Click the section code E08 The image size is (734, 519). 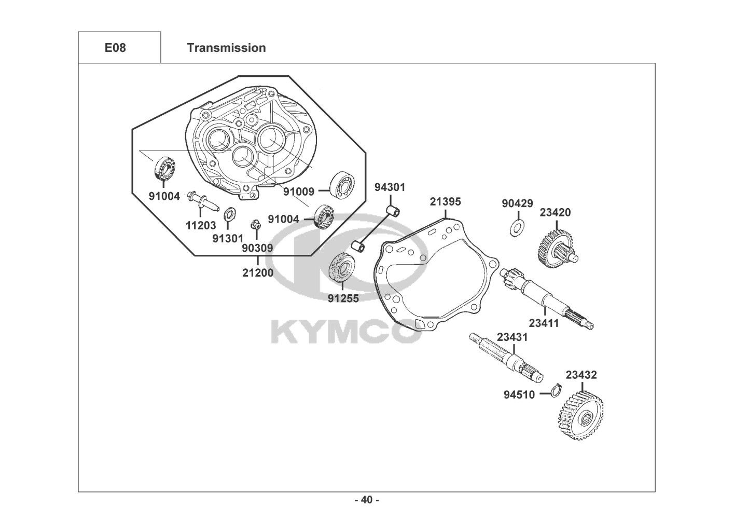pos(115,48)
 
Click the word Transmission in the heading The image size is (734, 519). pos(227,48)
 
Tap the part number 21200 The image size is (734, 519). pos(258,272)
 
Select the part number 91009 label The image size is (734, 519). pos(298,192)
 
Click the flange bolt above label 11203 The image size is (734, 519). pos(202,200)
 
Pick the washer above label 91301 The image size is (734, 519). pos(230,214)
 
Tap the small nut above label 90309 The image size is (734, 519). pos(256,225)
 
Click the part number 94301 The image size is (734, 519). pos(390,187)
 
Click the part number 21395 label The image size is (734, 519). pos(445,202)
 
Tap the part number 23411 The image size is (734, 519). pos(544,323)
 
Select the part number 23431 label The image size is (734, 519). pos(512,337)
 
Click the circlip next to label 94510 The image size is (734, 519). pos(556,390)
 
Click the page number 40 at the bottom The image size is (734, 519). pos(367,500)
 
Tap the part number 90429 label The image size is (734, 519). pos(517,203)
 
